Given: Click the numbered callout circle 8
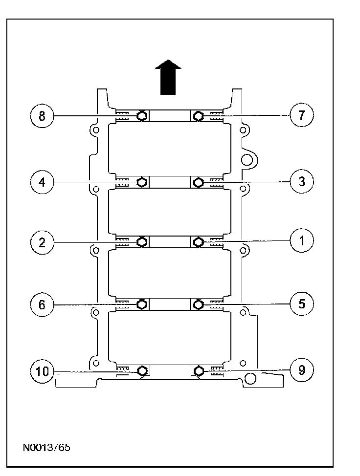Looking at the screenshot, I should click(42, 116).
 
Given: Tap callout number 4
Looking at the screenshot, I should click(42, 182).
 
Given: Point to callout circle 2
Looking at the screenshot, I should click(42, 243).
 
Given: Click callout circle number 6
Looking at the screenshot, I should click(42, 304).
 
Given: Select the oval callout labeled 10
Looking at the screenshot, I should click(42, 371).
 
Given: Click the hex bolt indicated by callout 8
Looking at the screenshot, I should click(142, 116).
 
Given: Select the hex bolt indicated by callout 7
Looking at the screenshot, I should click(198, 116).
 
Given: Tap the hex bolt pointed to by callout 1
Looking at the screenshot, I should click(198, 242).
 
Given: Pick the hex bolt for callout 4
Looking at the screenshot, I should click(142, 182).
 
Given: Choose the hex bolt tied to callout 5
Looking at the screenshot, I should click(198, 305).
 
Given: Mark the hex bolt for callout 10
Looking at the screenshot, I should click(142, 370).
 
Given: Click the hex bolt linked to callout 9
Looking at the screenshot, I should click(198, 370).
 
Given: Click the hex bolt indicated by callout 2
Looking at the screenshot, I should click(142, 242).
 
